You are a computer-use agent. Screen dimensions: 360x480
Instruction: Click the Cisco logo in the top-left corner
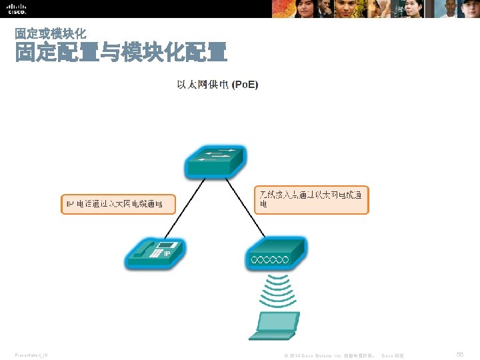tap(17, 9)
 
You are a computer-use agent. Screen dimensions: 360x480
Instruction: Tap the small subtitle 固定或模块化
tap(50, 33)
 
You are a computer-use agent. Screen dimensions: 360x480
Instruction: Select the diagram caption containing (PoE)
tap(217, 85)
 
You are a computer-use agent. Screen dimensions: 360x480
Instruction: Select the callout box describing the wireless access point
tap(311, 199)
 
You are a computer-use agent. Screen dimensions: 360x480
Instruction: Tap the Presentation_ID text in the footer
tap(31, 356)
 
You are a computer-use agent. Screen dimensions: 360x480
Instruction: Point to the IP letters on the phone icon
tap(167, 254)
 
